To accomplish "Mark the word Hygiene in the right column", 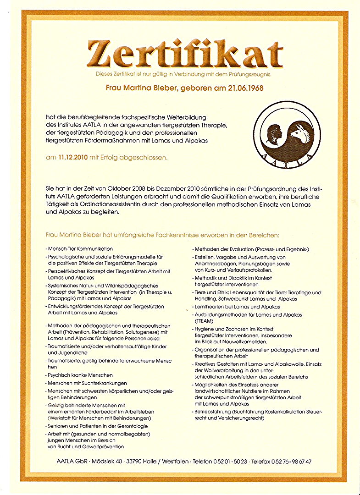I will [x=205, y=329].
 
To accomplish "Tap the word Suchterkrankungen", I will [x=104, y=383].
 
